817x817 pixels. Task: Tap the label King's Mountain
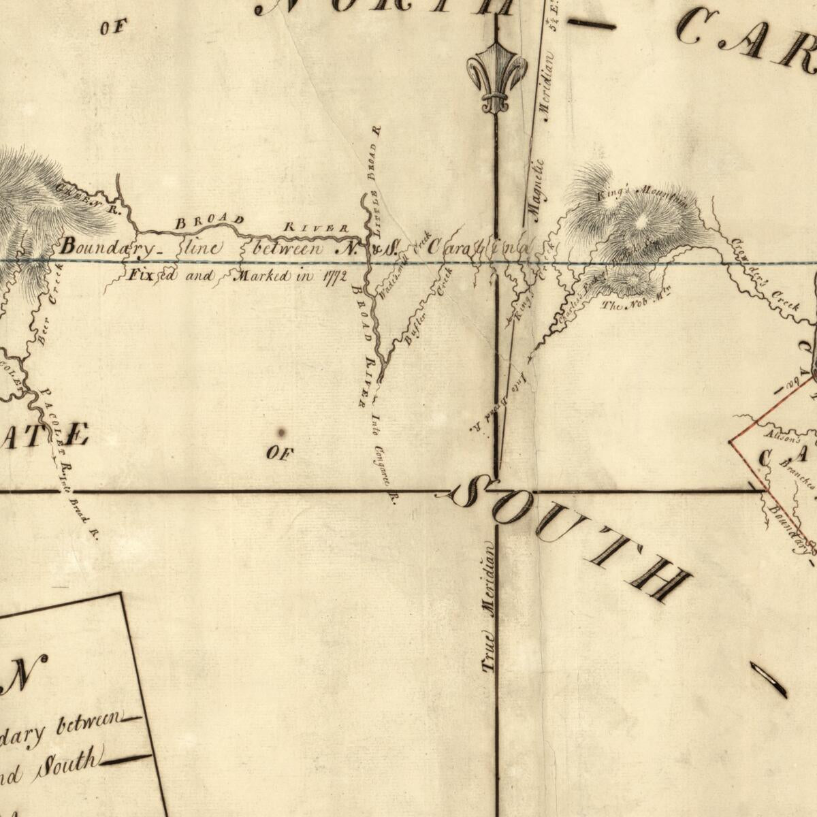(x=643, y=197)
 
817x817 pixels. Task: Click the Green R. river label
(x=89, y=197)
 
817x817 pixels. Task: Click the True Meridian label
(x=490, y=606)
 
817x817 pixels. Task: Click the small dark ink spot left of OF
(x=281, y=432)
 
